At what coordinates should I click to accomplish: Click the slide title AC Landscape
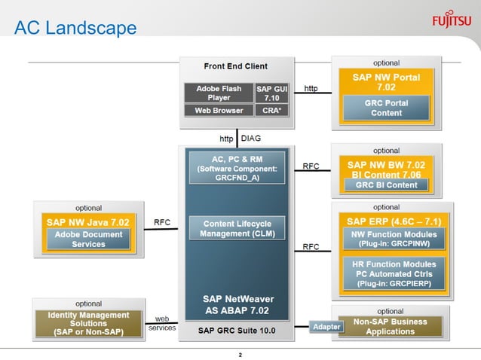[75, 29]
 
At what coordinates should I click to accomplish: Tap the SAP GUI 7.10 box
[271, 93]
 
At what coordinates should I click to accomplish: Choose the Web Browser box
[219, 111]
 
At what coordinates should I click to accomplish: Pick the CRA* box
[271, 111]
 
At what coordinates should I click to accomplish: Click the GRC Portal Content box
[386, 108]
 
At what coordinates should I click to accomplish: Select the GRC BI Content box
[386, 185]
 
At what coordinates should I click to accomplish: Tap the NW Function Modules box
[389, 239]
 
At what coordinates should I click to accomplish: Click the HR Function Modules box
[389, 273]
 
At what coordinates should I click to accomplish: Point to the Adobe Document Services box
[88, 239]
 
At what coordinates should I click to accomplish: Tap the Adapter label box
[326, 327]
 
